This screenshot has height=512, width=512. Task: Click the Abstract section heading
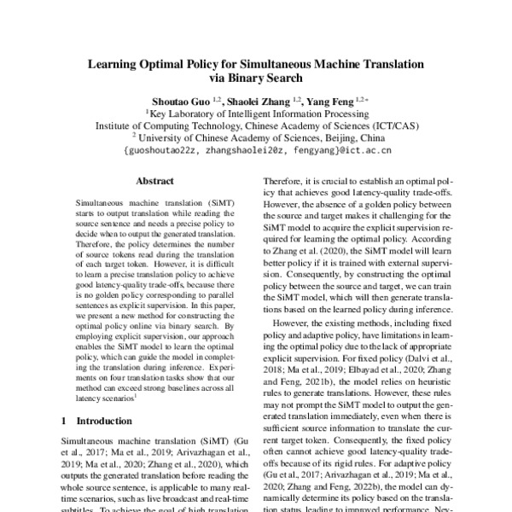pos(155,182)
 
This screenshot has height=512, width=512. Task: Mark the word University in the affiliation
pos(167,137)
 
